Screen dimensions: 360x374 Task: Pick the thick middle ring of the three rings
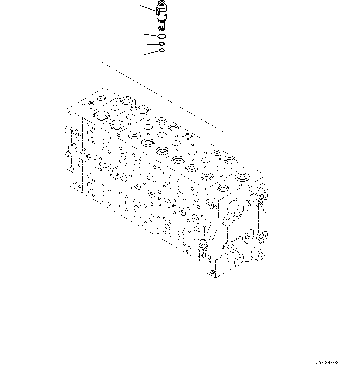(162, 44)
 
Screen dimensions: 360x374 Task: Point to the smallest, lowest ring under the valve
(162, 50)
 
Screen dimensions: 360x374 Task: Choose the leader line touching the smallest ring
(150, 53)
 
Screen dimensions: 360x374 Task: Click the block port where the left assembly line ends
(101, 98)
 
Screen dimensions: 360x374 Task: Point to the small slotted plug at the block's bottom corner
(212, 272)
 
